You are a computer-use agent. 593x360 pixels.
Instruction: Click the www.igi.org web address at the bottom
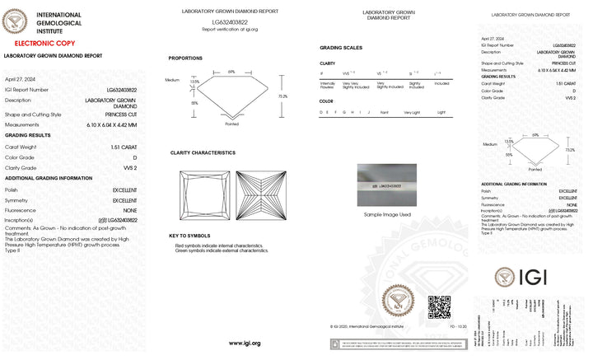coord(244,343)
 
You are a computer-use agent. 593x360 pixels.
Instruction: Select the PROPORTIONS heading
coord(185,58)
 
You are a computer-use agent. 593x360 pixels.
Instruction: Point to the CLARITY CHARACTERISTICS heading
coord(203,153)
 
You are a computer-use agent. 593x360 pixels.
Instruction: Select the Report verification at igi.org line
coord(230,29)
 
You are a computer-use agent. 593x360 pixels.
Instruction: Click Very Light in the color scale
coord(411,111)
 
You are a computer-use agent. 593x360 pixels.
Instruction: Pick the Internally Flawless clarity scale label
coord(328,85)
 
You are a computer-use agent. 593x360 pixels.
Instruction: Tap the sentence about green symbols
coord(220,250)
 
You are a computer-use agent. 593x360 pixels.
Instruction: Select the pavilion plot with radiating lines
coord(260,195)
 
